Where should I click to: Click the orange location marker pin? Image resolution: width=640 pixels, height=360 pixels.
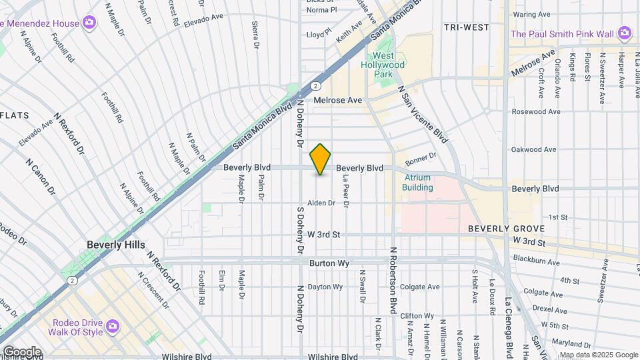(x=321, y=159)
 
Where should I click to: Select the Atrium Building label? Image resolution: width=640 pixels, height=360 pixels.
(x=417, y=183)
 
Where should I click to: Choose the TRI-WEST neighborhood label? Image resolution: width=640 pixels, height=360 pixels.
(x=466, y=27)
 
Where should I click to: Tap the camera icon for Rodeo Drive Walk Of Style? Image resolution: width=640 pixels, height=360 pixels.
(x=113, y=325)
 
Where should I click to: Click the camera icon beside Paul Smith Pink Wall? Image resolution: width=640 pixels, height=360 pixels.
(x=625, y=33)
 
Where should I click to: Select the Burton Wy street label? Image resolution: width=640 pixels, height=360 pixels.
(x=329, y=263)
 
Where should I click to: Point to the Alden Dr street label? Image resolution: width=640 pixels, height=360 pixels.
(x=321, y=203)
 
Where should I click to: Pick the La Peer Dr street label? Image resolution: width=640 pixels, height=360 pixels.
(x=346, y=189)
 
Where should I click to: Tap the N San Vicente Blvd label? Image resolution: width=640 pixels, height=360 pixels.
(x=422, y=114)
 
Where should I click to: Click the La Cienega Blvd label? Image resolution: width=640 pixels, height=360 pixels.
(x=509, y=327)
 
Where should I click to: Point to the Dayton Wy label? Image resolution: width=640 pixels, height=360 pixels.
(x=325, y=287)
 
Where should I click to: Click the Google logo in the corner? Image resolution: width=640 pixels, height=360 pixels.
(x=22, y=351)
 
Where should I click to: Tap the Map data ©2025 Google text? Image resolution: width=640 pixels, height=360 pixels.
(x=598, y=355)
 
